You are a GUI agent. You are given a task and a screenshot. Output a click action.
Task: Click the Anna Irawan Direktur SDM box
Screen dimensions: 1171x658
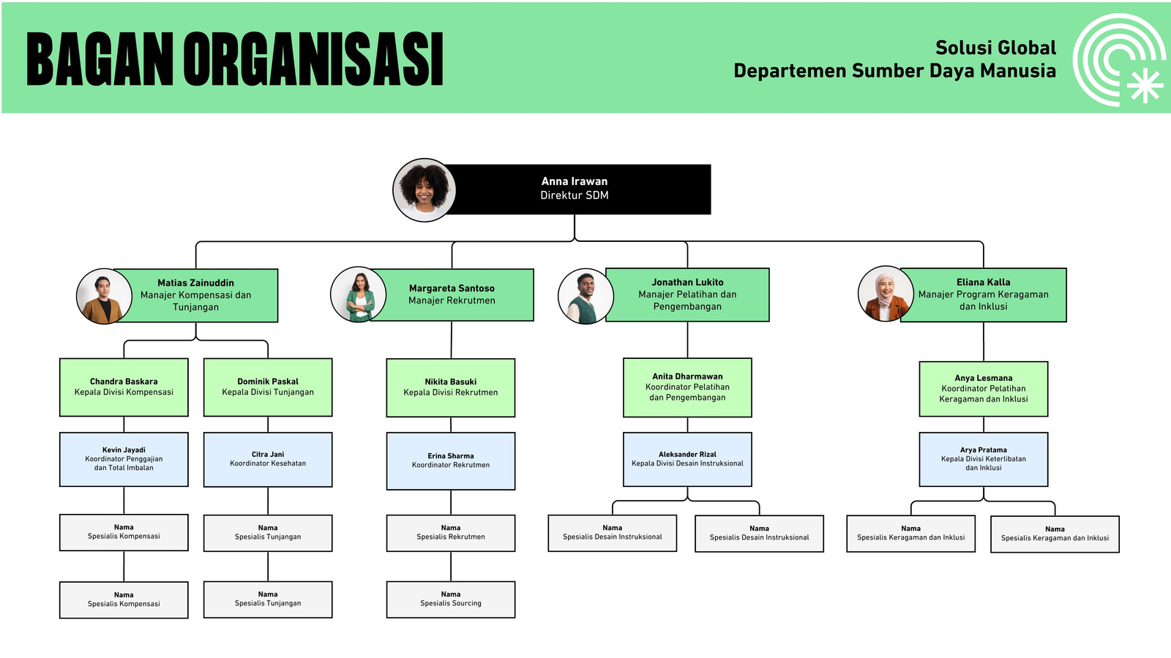(575, 189)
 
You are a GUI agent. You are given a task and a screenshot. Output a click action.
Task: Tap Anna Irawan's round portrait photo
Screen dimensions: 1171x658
(424, 190)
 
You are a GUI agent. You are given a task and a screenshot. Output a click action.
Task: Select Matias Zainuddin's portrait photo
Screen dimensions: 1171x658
(104, 296)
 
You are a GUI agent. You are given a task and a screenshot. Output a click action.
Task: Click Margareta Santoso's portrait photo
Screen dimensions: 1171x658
(359, 295)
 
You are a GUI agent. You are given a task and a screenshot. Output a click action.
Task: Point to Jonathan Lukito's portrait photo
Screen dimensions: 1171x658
(585, 296)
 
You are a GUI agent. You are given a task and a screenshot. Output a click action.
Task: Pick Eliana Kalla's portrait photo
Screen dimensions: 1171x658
(886, 293)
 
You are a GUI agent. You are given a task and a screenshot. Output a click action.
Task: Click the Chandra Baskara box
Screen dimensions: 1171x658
(124, 387)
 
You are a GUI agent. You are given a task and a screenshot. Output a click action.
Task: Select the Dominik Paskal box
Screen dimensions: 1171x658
(268, 387)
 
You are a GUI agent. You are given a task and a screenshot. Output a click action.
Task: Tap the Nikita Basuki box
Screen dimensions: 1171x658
(451, 387)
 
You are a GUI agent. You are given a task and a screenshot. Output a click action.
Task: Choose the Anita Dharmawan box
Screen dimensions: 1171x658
(687, 387)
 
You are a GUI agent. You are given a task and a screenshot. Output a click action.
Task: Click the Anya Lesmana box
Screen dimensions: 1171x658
(984, 388)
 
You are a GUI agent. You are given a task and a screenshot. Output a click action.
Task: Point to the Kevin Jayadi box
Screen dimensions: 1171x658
(124, 459)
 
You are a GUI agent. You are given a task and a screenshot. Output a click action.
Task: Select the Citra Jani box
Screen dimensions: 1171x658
(268, 460)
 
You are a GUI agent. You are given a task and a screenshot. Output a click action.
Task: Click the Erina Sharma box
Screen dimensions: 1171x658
(451, 461)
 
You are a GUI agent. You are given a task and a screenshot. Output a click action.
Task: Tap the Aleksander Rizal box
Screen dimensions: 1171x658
(687, 459)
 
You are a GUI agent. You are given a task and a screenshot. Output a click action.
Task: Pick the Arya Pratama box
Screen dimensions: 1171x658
(984, 459)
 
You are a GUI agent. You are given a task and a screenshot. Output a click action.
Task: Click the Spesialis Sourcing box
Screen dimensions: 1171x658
(451, 600)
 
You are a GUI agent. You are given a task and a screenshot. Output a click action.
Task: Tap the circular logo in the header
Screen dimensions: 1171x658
(1119, 59)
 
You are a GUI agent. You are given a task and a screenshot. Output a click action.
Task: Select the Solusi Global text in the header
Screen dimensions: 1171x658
(996, 48)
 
